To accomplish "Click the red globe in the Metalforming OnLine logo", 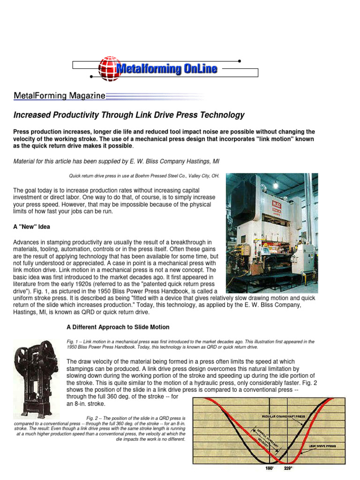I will pos(108,69).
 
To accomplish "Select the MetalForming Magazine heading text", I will pos(59,96).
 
